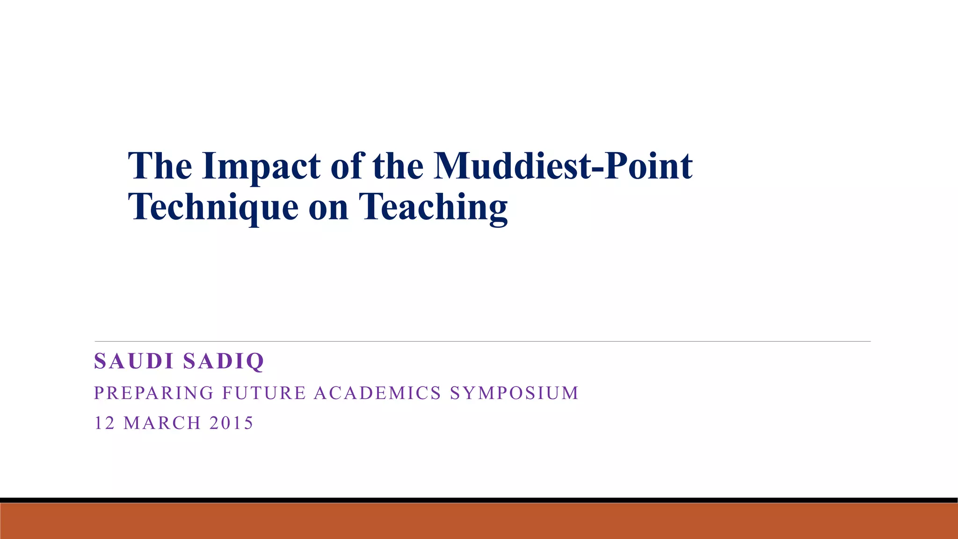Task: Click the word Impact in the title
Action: [261, 167]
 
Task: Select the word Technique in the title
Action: [213, 207]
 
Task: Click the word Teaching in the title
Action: [433, 207]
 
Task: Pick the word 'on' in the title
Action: [328, 208]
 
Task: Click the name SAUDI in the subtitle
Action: [134, 361]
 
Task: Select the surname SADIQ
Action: [224, 361]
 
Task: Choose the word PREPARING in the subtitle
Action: [154, 393]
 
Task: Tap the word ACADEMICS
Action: [377, 393]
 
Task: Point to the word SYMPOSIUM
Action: [515, 393]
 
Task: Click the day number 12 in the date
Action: [104, 423]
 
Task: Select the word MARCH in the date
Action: [162, 423]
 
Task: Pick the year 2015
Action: [231, 423]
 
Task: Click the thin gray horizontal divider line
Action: [482, 342]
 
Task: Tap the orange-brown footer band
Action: [479, 521]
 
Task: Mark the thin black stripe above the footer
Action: [479, 500]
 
